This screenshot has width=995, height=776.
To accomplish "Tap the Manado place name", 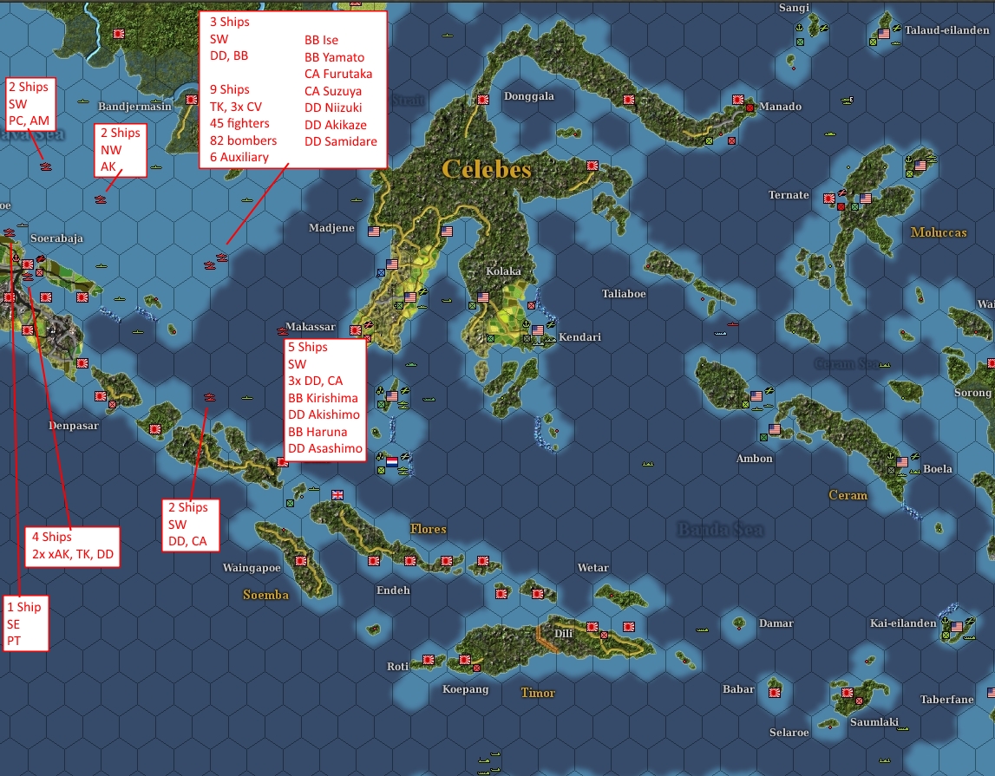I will [780, 107].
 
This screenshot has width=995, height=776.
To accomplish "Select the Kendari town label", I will [579, 336].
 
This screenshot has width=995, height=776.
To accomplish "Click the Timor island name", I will [538, 693].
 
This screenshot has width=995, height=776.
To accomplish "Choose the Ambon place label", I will [754, 458].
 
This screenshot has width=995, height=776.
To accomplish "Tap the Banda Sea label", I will [720, 529].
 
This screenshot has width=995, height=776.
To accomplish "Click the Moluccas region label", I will [938, 232].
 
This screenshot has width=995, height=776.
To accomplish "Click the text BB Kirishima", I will [323, 398].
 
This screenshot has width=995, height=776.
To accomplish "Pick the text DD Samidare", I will [340, 141].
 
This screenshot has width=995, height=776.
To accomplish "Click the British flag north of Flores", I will [337, 495].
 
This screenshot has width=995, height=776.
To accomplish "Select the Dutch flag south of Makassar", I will [391, 462].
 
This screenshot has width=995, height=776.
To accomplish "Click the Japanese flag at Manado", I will [738, 100].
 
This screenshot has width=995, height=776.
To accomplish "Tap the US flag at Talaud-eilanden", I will [884, 34].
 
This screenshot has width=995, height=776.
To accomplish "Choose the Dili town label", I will [563, 633].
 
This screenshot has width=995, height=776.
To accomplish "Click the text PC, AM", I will [29, 120].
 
